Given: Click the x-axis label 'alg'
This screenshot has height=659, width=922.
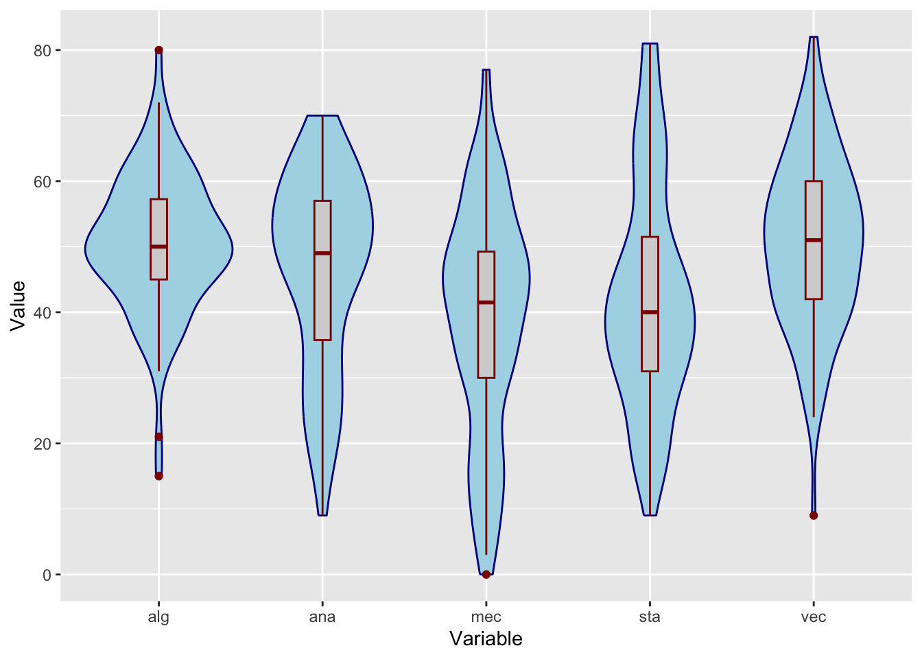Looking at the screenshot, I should pos(158,616).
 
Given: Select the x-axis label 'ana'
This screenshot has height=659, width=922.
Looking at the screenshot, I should pos(322,616).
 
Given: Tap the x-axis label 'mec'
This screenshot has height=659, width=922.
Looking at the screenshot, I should pos(486,616).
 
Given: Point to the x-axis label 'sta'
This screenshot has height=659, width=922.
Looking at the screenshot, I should pos(650,616).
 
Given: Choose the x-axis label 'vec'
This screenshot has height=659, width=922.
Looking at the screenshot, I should pos(814,616).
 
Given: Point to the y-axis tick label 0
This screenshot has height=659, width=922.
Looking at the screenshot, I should pos(47,575).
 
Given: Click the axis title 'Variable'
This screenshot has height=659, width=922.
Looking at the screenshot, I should pos(486,639).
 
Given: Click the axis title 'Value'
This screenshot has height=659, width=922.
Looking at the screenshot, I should pos(18,305).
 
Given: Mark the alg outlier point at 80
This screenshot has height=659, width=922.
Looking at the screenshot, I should pos(158,50).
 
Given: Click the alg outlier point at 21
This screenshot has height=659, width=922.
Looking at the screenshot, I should pos(158,437).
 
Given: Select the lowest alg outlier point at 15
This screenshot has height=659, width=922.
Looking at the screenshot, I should pos(158,476).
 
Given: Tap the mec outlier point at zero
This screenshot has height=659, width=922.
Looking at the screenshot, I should pos(486,574).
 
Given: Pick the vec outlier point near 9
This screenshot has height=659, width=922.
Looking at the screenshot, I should pos(814,516).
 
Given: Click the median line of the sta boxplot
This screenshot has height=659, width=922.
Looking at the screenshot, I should pos(650,312).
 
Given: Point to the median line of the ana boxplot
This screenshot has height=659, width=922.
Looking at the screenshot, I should pos(322,253).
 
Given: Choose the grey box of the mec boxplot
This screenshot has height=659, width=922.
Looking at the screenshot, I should pos(486,336).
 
